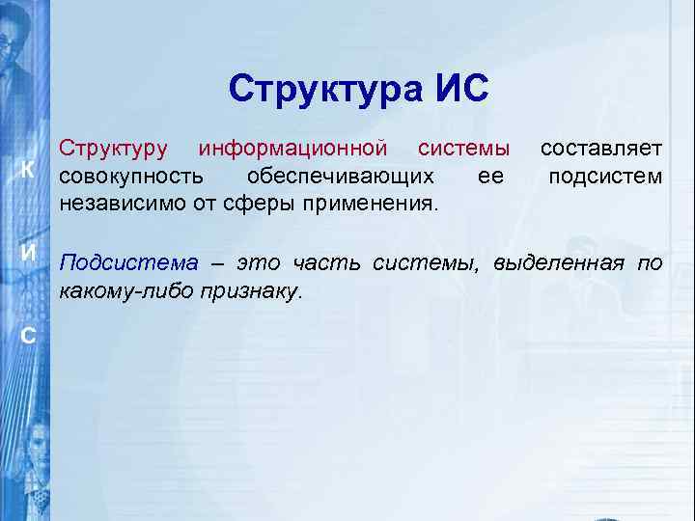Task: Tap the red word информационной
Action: pos(292,149)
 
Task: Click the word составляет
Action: pos(600,149)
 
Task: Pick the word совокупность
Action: pos(131,177)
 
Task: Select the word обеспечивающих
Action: pos(340,177)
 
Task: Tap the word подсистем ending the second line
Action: pos(605,177)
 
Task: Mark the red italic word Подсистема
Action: pos(129,262)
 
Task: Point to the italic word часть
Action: pos(325,262)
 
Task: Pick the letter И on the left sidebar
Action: pos(30,253)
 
